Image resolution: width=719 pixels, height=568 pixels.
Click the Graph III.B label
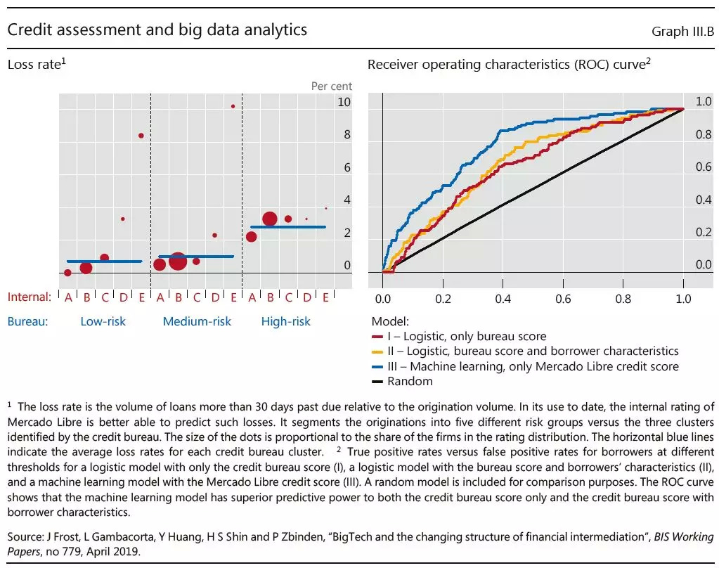click(x=682, y=31)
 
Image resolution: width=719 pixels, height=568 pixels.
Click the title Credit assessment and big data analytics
click(x=157, y=30)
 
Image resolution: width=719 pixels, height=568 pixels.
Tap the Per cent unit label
click(x=332, y=86)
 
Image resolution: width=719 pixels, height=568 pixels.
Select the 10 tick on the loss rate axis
click(x=343, y=102)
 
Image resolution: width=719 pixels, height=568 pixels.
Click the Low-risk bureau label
click(x=103, y=321)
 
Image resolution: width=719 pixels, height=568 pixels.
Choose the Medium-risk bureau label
click(x=197, y=321)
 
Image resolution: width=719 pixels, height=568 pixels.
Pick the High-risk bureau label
click(x=285, y=321)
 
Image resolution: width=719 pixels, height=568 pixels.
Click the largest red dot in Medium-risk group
click(x=178, y=261)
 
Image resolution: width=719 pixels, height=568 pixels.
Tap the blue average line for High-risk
click(x=288, y=227)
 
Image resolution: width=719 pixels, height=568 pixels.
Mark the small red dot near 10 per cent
click(x=233, y=106)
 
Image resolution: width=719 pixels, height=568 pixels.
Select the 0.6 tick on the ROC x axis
click(x=563, y=299)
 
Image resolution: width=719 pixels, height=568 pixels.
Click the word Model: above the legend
click(x=388, y=321)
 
